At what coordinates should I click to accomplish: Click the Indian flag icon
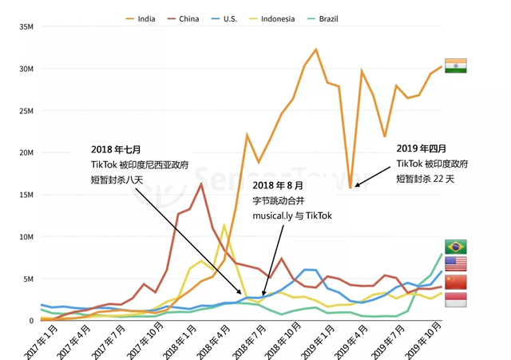pyautogui.click(x=456, y=65)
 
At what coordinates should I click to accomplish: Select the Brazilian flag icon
pyautogui.click(x=456, y=247)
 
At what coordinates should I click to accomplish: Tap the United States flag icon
pyautogui.click(x=456, y=264)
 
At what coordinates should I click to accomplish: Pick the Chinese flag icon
pyautogui.click(x=456, y=283)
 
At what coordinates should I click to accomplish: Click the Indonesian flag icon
pyautogui.click(x=456, y=299)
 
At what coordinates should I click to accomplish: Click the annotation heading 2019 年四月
pyautogui.click(x=422, y=148)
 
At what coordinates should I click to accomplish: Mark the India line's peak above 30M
pyautogui.click(x=315, y=49)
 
